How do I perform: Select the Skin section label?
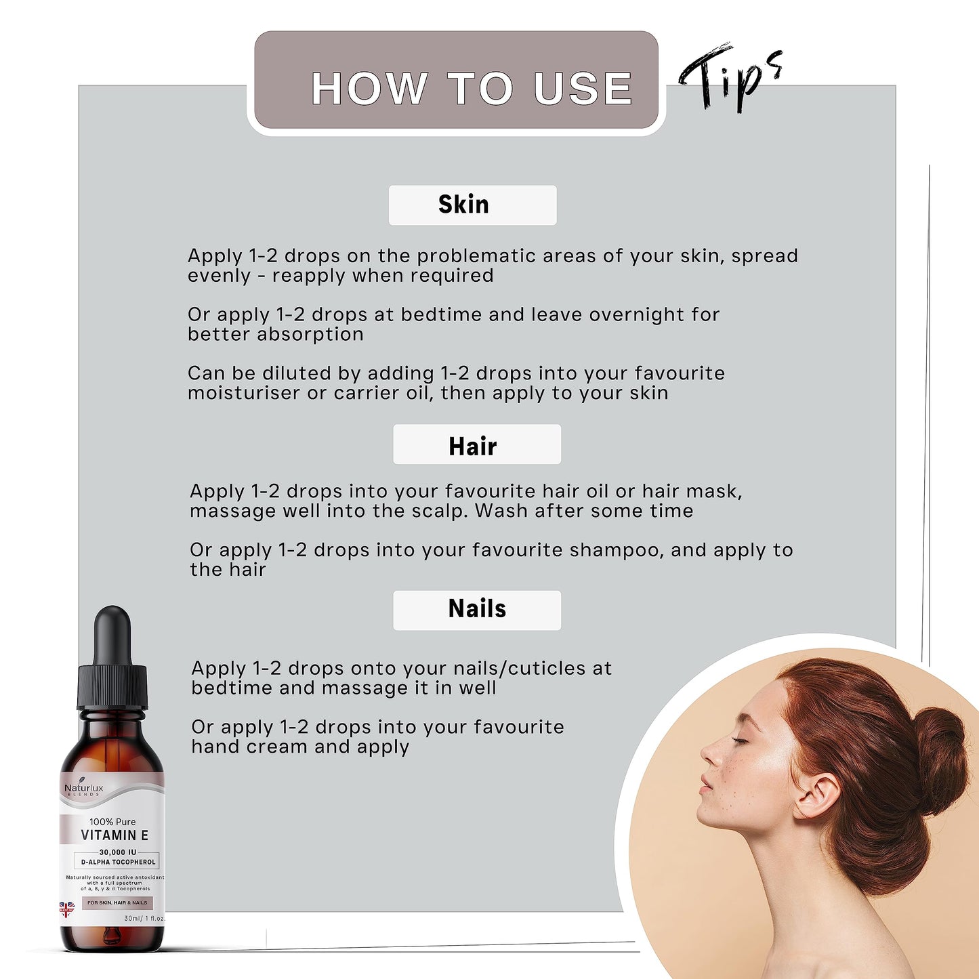[472, 205]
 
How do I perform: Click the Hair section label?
[476, 445]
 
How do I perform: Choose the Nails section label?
[476, 609]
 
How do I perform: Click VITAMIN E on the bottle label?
[114, 835]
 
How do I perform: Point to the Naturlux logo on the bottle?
[83, 789]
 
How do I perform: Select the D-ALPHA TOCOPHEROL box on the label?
[118, 862]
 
